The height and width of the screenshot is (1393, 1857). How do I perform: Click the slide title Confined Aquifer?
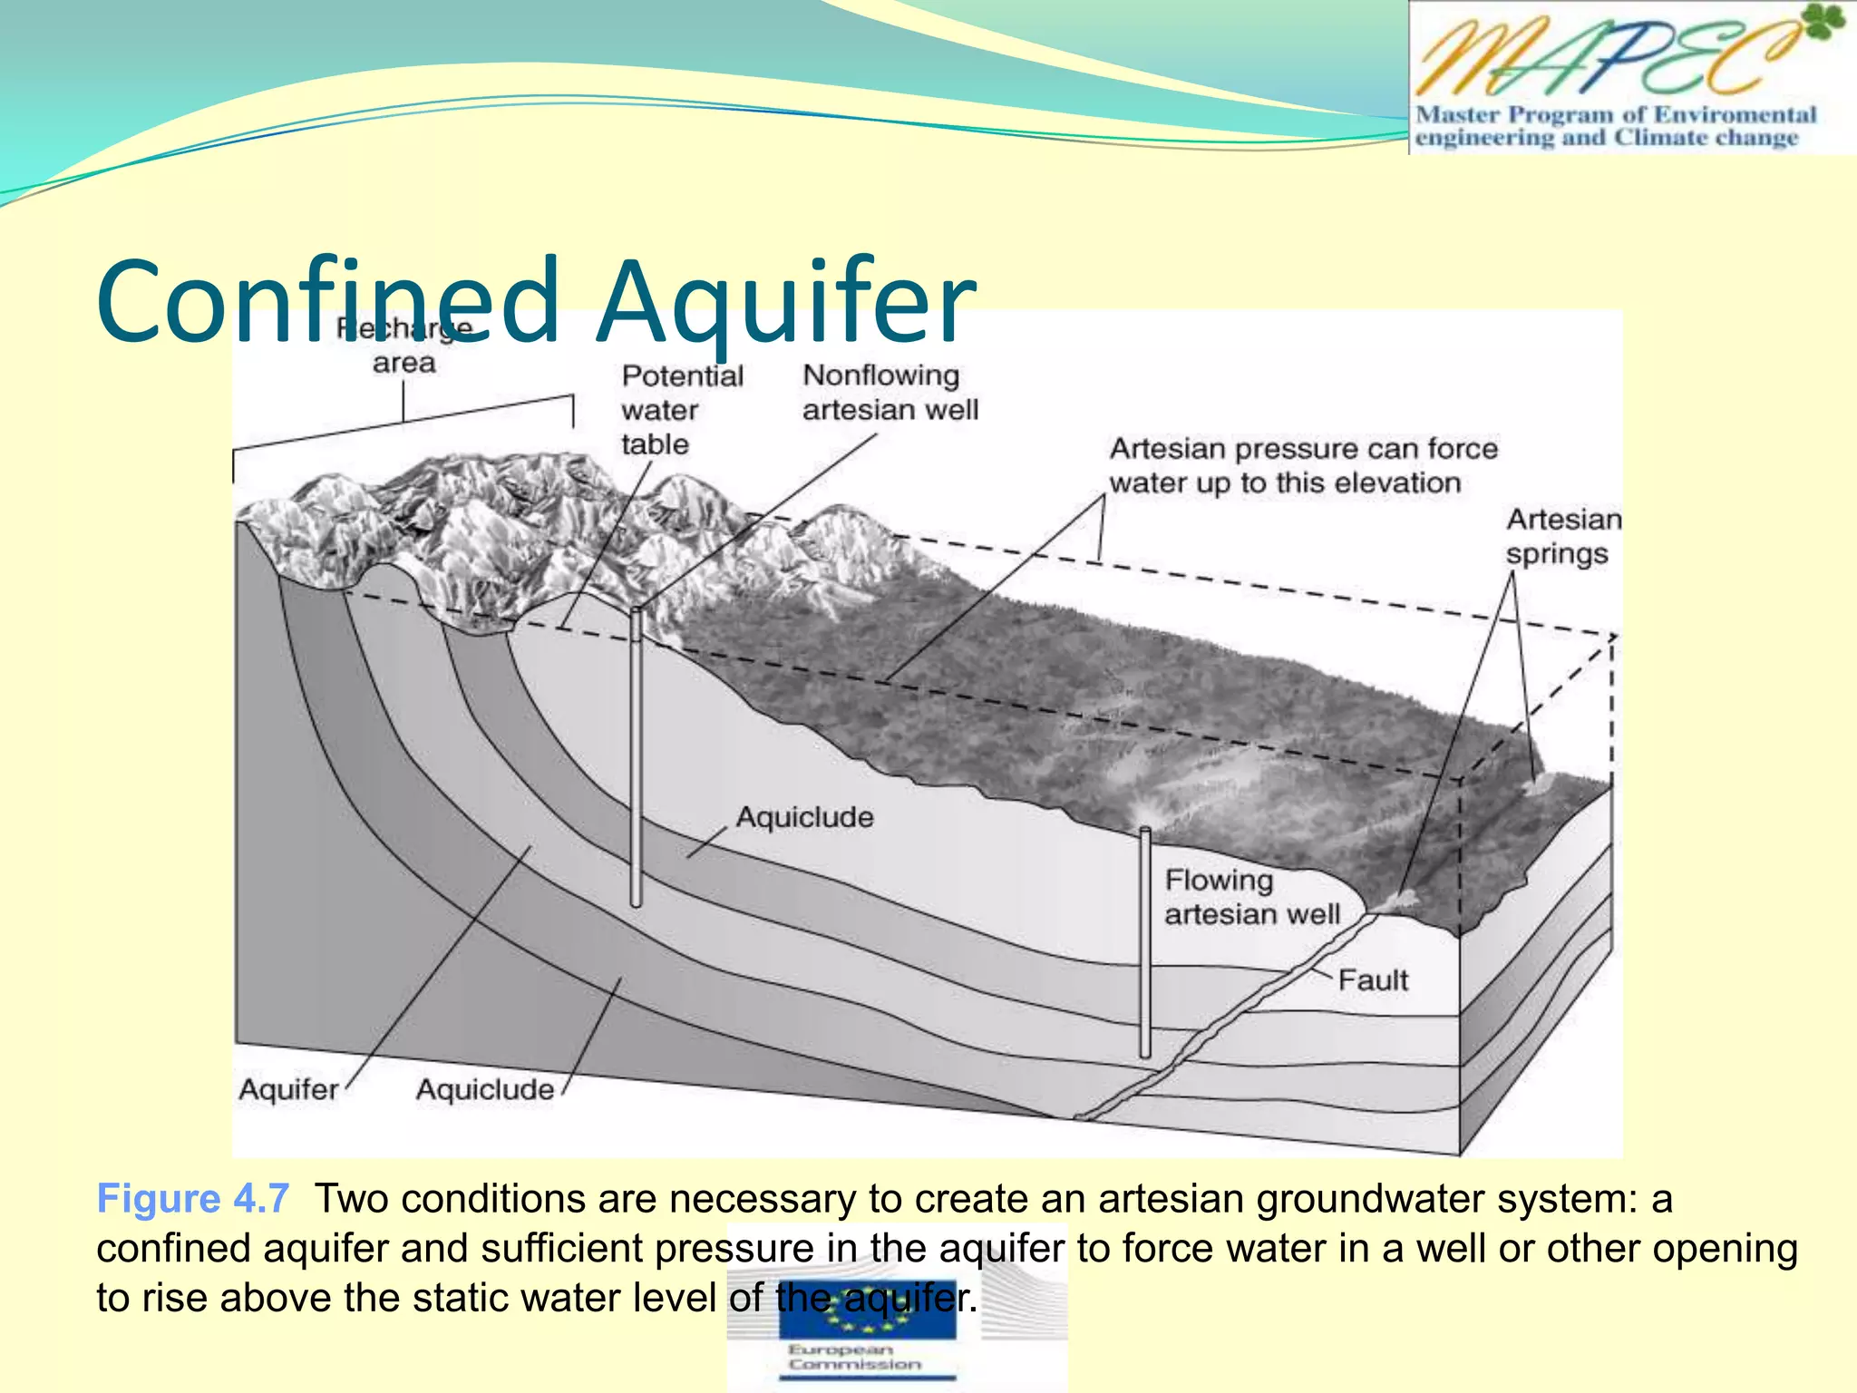pos(535,301)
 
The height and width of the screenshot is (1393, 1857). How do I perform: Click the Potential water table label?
pos(681,410)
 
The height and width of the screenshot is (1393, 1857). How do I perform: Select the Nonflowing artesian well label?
pos(890,393)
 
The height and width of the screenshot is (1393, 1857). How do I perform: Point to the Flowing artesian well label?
pos(1251,897)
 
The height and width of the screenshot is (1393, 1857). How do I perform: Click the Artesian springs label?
pos(1562,536)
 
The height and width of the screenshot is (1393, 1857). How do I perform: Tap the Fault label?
pos(1373,980)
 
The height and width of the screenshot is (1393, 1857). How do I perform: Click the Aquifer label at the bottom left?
pos(288,1089)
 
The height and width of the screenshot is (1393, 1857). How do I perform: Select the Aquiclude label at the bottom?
pos(484,1089)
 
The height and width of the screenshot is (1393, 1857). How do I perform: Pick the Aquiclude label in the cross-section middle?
pos(804,817)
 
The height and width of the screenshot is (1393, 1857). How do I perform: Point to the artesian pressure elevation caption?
pos(1302,465)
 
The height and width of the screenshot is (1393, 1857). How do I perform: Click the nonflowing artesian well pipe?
pos(637,757)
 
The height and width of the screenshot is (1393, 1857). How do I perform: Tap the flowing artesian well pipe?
pos(1145,943)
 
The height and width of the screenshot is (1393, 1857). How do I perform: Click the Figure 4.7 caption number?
pos(193,1198)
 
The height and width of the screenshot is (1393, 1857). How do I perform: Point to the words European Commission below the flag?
pos(853,1357)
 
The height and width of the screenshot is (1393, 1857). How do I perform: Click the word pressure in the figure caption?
pos(734,1248)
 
